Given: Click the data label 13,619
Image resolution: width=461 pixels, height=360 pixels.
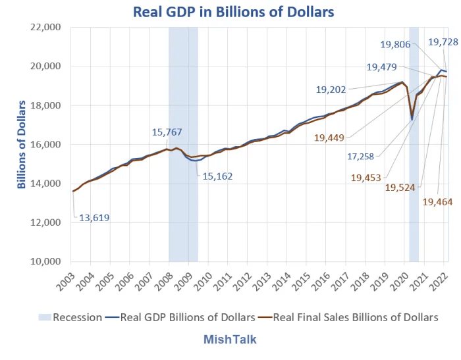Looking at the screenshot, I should coord(95,218).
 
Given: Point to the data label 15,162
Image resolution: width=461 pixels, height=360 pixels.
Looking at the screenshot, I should coord(217,176).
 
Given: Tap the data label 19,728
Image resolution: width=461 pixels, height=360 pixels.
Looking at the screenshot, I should coord(443,42).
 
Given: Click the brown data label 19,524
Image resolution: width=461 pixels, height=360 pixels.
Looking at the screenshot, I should coord(402,188).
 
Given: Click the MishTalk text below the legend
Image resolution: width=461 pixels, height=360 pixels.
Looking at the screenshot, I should coord(230,340).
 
